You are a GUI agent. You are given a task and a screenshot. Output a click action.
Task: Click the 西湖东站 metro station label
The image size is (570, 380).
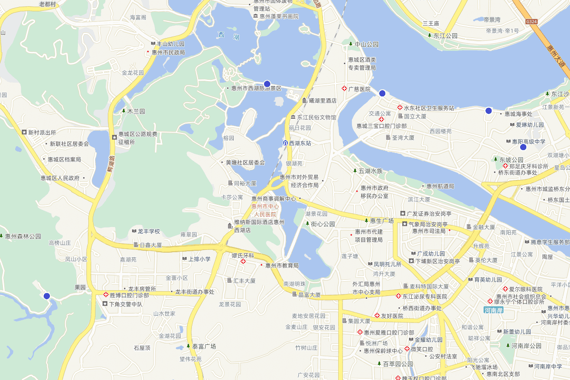click(x=299, y=143)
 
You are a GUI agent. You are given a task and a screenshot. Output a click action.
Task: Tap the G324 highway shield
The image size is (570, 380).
click(x=532, y=22)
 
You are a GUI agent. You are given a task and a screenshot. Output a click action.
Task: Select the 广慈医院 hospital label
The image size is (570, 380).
click(x=359, y=89)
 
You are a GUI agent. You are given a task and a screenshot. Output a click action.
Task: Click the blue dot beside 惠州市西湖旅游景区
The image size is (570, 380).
click(x=267, y=84)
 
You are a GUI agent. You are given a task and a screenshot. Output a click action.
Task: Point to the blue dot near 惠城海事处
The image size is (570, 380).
click(x=488, y=111)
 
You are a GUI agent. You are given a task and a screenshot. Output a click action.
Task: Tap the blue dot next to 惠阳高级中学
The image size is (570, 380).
click(x=523, y=147)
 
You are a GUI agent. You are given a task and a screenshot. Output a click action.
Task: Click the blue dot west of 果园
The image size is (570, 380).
click(x=47, y=296)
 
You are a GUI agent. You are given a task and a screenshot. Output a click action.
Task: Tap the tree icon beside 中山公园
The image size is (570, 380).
click(x=351, y=44)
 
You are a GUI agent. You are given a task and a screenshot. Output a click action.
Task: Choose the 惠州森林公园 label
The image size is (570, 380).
click(x=23, y=236)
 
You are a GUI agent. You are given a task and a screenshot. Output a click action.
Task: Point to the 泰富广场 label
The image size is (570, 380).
click(x=204, y=346)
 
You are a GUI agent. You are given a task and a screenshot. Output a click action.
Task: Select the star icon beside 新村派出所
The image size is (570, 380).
click(x=24, y=132)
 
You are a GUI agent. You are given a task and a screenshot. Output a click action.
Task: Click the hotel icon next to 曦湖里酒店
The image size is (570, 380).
click(x=304, y=101)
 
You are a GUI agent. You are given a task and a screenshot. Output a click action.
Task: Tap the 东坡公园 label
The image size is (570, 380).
click(x=511, y=160)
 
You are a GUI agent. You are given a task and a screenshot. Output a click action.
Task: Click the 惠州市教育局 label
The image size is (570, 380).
click(x=282, y=266)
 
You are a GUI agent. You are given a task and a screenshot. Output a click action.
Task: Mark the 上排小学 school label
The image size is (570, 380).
click(x=199, y=259)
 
